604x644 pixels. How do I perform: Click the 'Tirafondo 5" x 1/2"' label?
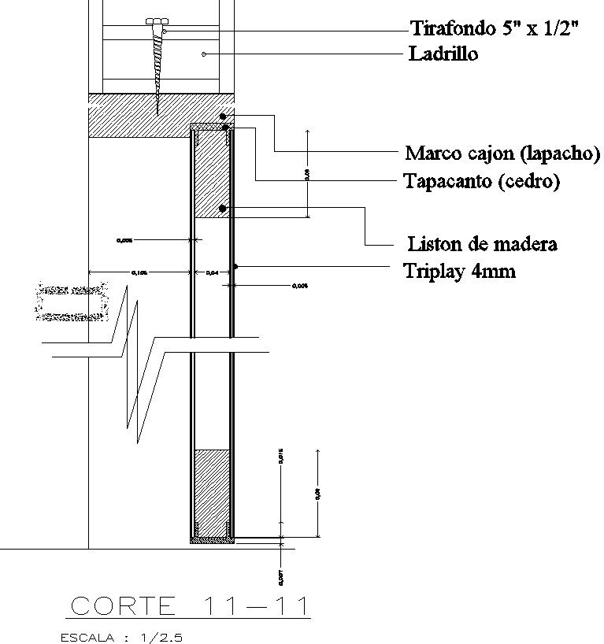click(x=495, y=29)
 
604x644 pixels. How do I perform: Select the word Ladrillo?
click(x=443, y=54)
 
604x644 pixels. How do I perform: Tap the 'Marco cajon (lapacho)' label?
click(x=502, y=152)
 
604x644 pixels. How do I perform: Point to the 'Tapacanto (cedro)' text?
click(x=481, y=181)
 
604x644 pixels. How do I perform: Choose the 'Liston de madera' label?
click(x=482, y=243)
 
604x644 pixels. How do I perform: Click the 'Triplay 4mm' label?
click(x=459, y=272)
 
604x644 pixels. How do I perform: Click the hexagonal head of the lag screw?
click(x=157, y=21)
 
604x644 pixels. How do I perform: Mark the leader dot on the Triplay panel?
click(x=235, y=266)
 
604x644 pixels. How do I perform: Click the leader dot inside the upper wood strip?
click(x=223, y=209)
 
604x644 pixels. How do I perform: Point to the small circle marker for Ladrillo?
click(x=204, y=54)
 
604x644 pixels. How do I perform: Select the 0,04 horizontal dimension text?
click(x=212, y=272)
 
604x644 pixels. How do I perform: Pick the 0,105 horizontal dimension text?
click(x=139, y=272)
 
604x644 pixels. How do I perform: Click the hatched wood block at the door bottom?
click(x=211, y=492)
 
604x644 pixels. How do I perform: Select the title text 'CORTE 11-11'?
click(x=190, y=605)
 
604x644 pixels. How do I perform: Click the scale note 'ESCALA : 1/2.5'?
click(x=121, y=637)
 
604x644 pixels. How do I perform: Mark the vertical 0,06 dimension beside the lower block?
click(x=317, y=493)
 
